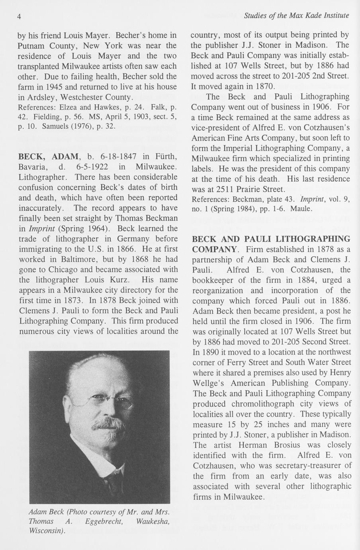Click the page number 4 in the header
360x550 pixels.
tap(19, 16)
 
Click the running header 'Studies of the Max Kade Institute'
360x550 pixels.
tap(296, 16)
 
